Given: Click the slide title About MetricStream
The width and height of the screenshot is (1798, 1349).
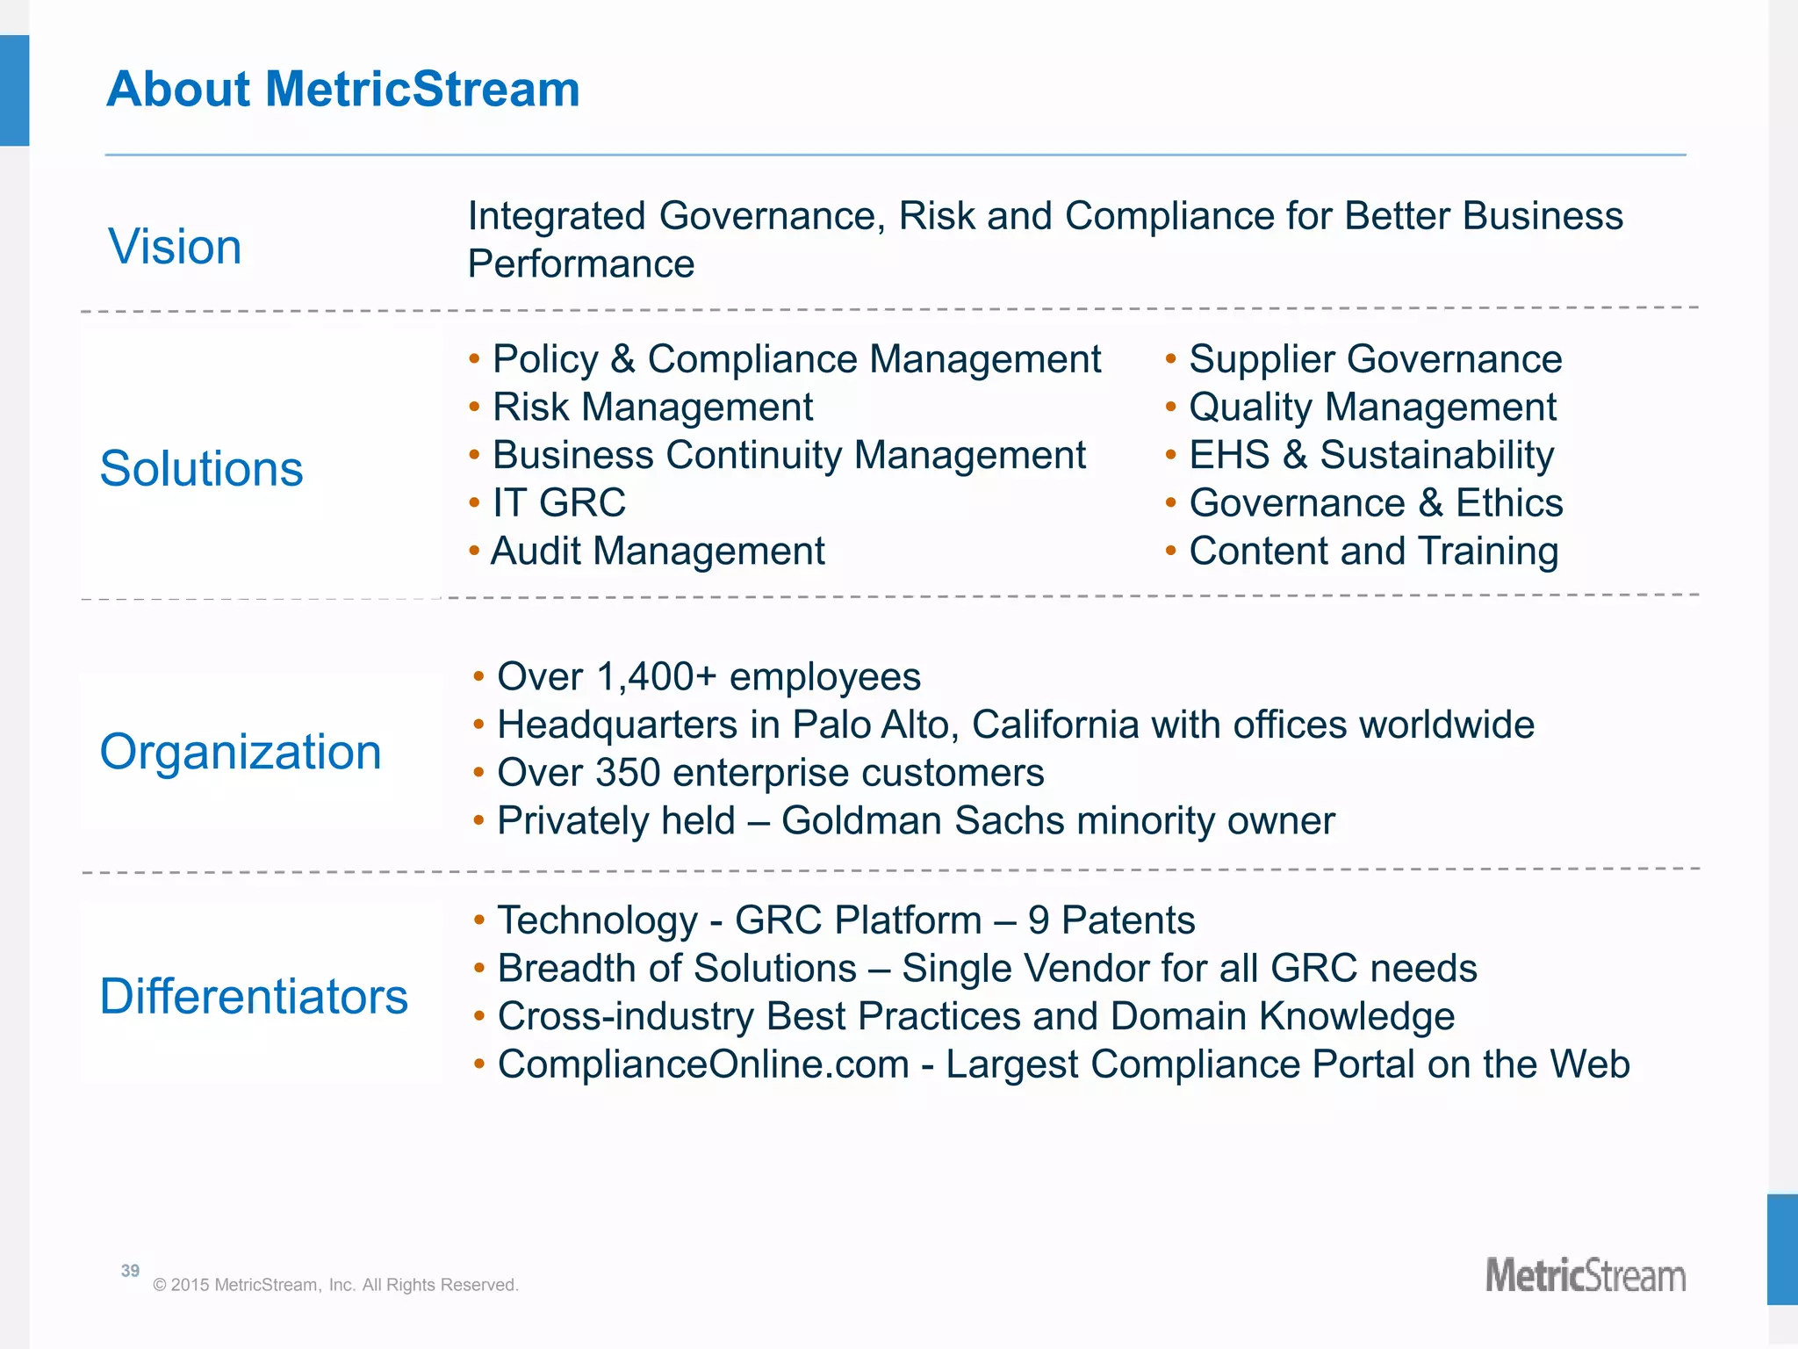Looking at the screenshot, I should point(342,90).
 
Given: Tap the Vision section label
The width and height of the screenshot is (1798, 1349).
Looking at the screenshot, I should point(175,246).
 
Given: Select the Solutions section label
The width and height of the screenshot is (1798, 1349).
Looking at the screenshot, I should point(201,468).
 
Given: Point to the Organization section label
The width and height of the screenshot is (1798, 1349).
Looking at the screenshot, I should point(241,752).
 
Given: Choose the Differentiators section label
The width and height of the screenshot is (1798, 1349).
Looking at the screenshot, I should point(254,996).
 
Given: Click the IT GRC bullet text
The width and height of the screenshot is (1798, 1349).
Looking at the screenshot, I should point(559,503).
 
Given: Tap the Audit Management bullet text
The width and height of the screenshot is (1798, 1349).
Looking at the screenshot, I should point(658,552).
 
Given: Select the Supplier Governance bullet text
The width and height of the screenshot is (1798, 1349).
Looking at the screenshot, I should point(1375,359).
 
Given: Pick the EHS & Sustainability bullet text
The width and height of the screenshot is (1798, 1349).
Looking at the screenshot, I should point(1371,455).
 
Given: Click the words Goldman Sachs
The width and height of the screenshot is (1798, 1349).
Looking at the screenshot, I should point(923,821).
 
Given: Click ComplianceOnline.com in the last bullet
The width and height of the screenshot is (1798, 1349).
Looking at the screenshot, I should point(703,1064).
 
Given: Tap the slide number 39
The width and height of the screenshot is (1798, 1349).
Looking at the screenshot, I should point(130,1271).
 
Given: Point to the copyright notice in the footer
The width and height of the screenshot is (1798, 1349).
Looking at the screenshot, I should point(335,1285).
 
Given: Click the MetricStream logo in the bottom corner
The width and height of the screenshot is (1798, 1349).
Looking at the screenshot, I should point(1585,1276).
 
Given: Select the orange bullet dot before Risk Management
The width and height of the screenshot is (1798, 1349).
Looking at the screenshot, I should point(474,407).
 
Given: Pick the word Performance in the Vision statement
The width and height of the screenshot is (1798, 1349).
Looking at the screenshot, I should point(580,264).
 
